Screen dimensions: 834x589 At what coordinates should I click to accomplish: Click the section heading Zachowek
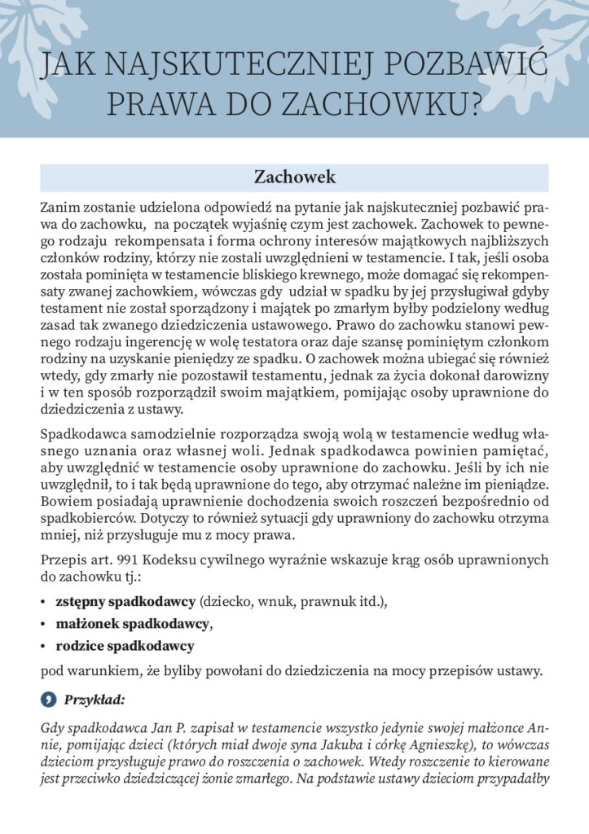294,177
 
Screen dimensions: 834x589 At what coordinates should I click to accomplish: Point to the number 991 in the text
133,560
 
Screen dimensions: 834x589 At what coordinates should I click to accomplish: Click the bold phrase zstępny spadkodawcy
125,602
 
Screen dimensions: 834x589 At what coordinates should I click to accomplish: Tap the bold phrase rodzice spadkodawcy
125,647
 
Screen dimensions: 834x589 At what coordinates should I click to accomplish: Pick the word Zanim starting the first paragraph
60,208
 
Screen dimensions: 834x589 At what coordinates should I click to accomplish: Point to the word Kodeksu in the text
177,560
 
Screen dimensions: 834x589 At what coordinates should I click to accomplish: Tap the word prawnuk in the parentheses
304,602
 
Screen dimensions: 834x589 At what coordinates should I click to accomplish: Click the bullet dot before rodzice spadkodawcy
42,647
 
